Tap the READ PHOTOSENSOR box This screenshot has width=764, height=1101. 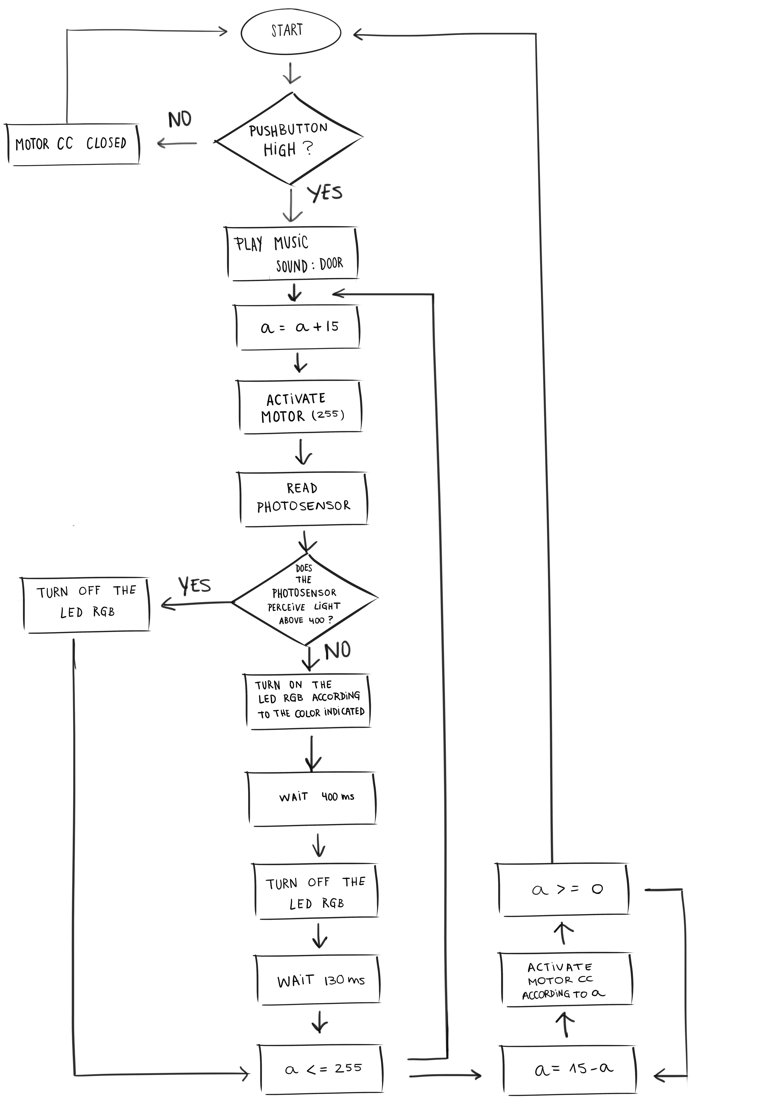[303, 499]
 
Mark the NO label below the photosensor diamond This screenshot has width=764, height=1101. [338, 651]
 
